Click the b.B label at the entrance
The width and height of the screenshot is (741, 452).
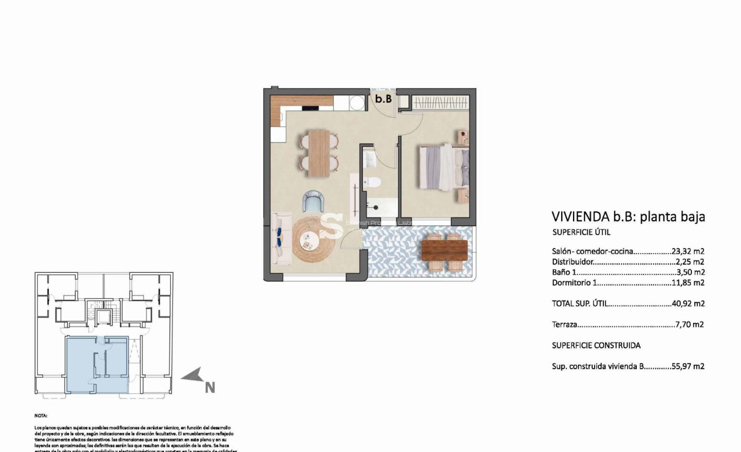click(x=384, y=99)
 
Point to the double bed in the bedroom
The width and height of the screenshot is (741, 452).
click(x=443, y=166)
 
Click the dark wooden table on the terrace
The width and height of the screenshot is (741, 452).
click(x=444, y=248)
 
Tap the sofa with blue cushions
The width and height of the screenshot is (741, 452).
click(x=281, y=239)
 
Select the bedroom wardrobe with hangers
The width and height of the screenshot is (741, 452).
click(x=440, y=103)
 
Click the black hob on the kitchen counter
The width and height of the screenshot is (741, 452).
click(x=310, y=108)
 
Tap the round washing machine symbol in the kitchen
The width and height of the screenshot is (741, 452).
click(x=356, y=103)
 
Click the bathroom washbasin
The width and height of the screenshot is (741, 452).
click(x=369, y=158)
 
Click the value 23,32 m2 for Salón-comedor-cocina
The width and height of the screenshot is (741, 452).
click(x=688, y=251)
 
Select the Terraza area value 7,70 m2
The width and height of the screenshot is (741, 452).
click(x=689, y=324)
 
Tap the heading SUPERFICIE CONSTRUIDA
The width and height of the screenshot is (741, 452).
click(x=596, y=345)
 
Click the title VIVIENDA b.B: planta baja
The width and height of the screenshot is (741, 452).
click(x=628, y=217)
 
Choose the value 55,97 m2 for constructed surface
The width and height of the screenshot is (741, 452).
click(x=688, y=366)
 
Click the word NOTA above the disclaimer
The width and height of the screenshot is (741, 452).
click(x=41, y=415)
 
